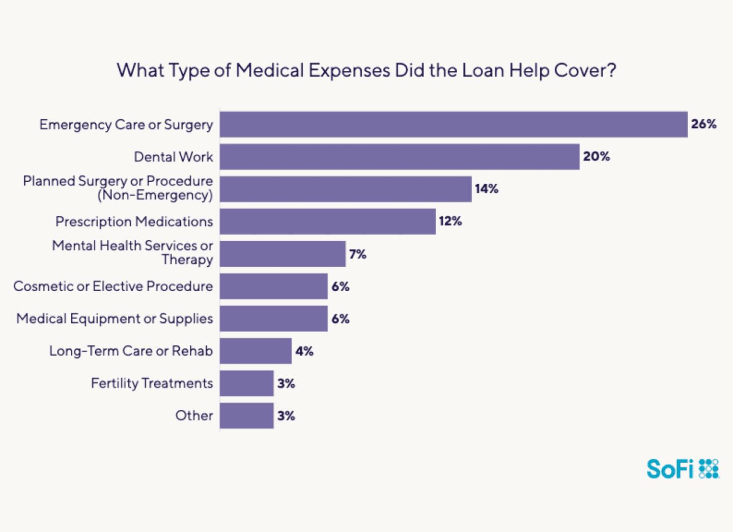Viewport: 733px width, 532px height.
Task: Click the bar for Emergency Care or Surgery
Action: pyautogui.click(x=453, y=124)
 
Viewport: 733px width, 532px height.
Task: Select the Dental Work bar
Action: pyautogui.click(x=400, y=157)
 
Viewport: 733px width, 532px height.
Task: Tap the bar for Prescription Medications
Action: pyautogui.click(x=327, y=221)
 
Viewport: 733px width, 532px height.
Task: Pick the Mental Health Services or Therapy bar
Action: pyautogui.click(x=283, y=254)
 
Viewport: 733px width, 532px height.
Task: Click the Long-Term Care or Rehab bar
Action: pyautogui.click(x=256, y=351)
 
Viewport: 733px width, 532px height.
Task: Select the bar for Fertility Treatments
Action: pyautogui.click(x=246, y=383)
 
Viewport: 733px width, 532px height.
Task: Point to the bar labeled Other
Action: pyautogui.click(x=246, y=415)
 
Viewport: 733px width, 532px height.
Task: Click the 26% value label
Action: pyautogui.click(x=703, y=124)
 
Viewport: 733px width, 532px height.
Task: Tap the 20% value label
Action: pyautogui.click(x=596, y=156)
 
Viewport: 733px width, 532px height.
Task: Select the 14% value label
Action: pyautogui.click(x=486, y=189)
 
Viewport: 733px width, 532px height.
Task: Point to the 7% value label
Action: pyautogui.click(x=357, y=254)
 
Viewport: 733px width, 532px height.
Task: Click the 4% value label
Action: pyautogui.click(x=304, y=351)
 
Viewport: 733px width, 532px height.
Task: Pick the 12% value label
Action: pyautogui.click(x=450, y=221)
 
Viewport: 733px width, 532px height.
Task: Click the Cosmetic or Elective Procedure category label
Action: pyautogui.click(x=113, y=286)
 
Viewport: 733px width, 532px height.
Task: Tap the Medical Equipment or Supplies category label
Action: pyautogui.click(x=115, y=319)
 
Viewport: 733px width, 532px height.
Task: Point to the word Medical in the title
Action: pyautogui.click(x=270, y=70)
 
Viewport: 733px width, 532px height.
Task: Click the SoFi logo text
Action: pyautogui.click(x=670, y=469)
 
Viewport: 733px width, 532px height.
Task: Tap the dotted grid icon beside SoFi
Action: pyautogui.click(x=709, y=469)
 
